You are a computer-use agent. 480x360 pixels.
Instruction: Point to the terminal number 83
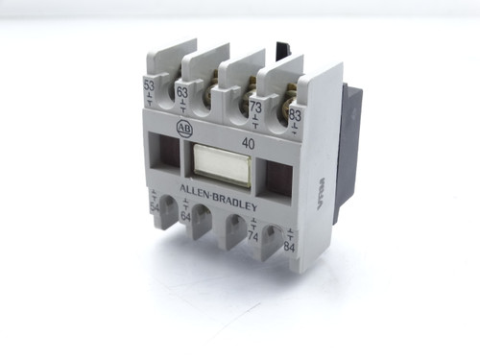[x=295, y=115]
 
